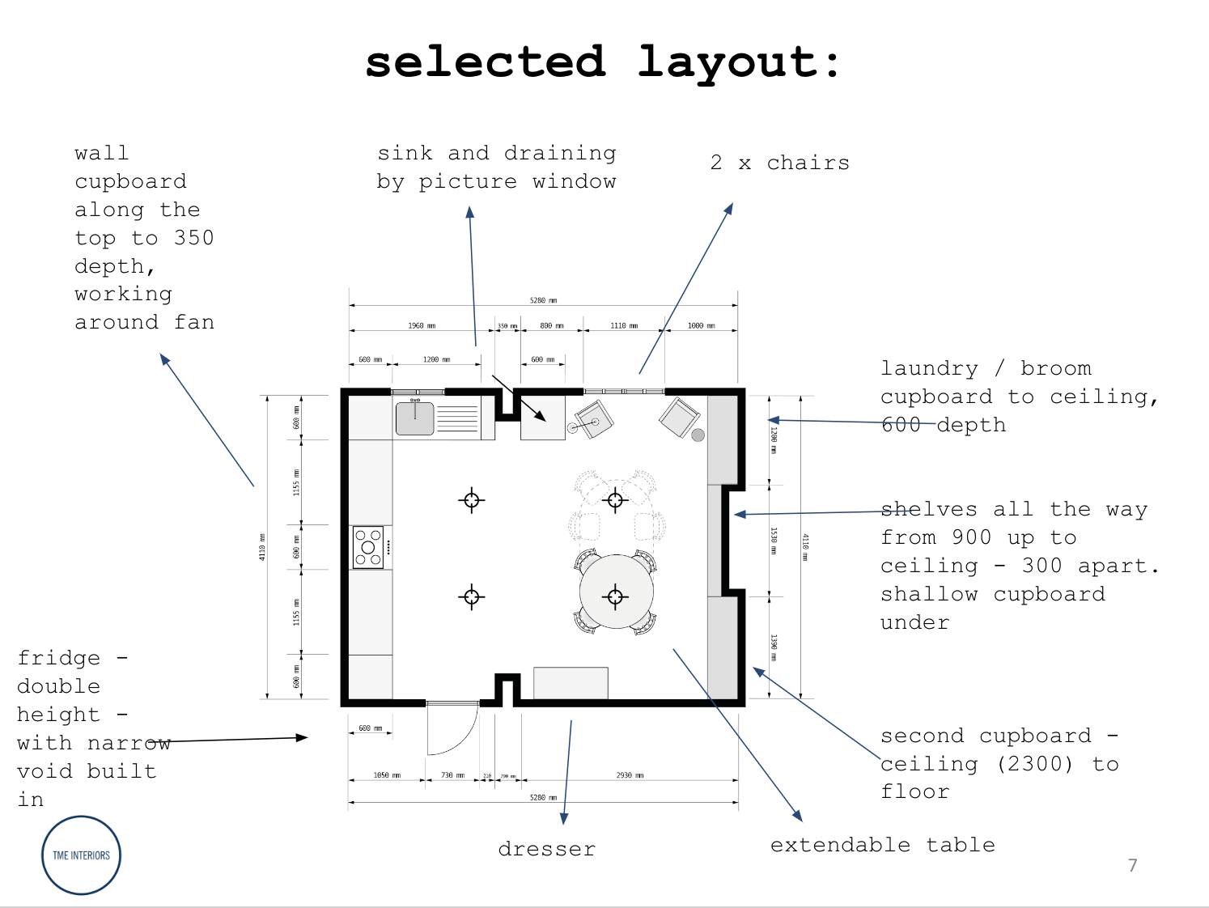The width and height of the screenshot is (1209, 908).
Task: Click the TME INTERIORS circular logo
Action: click(x=81, y=855)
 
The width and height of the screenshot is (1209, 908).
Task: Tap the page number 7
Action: click(x=1133, y=865)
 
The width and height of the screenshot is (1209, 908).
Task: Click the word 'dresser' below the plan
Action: click(x=547, y=849)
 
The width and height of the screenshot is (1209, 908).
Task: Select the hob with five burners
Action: click(x=367, y=547)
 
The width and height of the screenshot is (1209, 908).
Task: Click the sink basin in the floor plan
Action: click(x=415, y=418)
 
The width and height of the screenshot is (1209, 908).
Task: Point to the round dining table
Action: click(x=616, y=592)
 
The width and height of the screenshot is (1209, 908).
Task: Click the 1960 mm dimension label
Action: click(x=422, y=325)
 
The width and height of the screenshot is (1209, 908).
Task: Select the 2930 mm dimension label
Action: click(x=630, y=775)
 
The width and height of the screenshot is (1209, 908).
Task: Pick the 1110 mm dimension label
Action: click(x=624, y=325)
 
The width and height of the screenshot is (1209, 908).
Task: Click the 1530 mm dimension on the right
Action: click(x=774, y=540)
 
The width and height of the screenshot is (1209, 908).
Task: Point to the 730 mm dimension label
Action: click(x=452, y=775)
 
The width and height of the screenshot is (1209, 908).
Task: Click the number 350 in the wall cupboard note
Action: click(x=194, y=238)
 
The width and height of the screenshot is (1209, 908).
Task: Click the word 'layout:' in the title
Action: click(x=739, y=62)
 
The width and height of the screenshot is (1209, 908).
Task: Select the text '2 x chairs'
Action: click(x=780, y=163)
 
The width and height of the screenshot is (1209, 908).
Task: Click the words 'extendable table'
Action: click(x=882, y=845)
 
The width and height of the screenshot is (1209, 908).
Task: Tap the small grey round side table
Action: click(x=698, y=435)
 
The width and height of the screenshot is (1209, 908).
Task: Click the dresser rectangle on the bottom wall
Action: click(x=571, y=683)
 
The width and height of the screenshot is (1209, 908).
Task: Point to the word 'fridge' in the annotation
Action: click(x=59, y=658)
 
